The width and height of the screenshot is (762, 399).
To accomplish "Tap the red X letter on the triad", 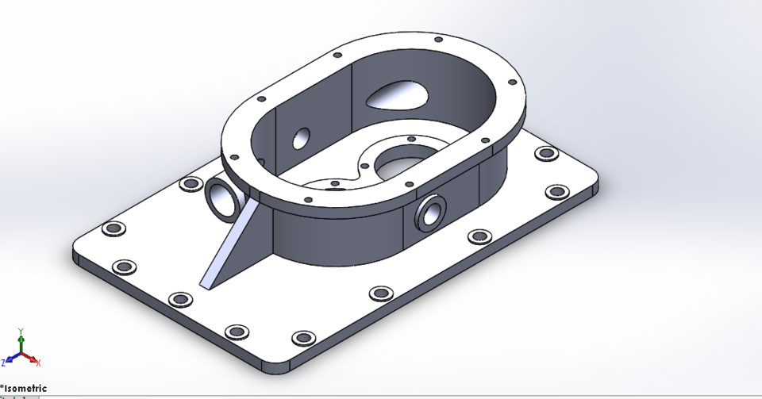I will [x=39, y=363].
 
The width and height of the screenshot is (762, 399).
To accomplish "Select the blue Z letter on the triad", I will [x=4, y=362].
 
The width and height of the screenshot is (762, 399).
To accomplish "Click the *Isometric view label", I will [x=24, y=388].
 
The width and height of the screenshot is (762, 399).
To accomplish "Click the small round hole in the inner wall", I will [x=301, y=138].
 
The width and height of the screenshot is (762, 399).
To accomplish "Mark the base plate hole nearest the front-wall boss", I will [x=479, y=236].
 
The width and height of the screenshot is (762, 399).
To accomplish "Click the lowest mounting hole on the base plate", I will [x=302, y=338].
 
